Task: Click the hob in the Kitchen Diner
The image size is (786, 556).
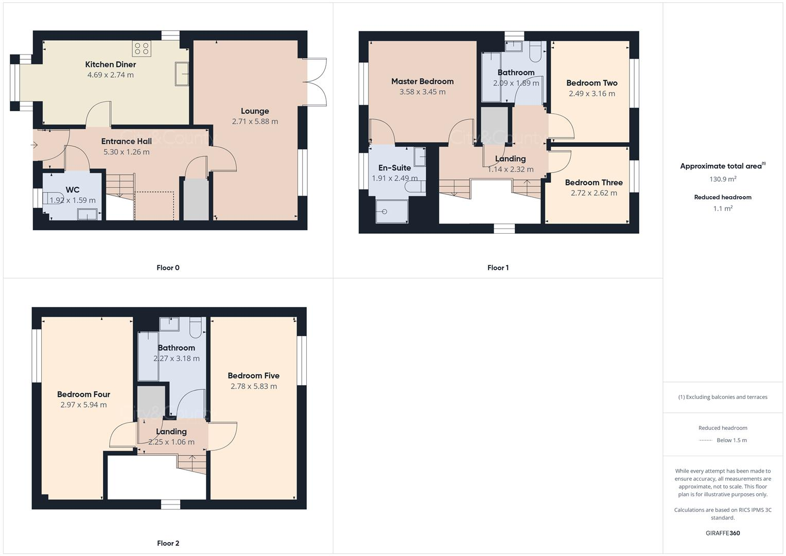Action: click(141, 49)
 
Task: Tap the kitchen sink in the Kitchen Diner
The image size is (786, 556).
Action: click(182, 73)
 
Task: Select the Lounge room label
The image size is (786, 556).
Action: click(255, 111)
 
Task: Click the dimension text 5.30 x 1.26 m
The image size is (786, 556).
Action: click(127, 152)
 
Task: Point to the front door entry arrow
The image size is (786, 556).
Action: click(34, 145)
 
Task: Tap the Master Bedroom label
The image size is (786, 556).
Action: click(422, 81)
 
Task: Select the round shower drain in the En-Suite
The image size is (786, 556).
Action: click(385, 211)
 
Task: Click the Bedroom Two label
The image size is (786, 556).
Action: click(591, 83)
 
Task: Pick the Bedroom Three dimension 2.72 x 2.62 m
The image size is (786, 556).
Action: click(593, 193)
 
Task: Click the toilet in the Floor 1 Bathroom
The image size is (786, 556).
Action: click(534, 53)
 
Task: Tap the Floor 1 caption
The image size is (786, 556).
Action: click(498, 268)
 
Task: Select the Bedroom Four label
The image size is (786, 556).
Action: click(84, 394)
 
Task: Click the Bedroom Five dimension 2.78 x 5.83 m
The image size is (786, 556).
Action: click(253, 386)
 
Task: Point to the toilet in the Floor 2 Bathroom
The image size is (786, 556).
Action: click(196, 327)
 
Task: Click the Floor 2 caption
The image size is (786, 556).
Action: click(168, 543)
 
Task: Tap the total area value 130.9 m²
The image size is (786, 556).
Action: click(723, 179)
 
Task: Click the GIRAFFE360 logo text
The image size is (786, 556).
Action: click(723, 533)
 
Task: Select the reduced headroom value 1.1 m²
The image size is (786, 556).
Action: click(723, 208)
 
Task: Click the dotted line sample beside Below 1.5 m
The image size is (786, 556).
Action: click(705, 441)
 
